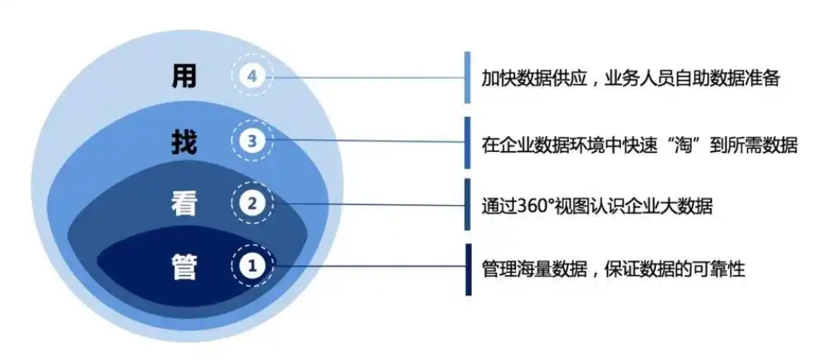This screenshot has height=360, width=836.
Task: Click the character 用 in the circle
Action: [185, 76]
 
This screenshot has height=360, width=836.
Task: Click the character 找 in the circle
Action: [185, 142]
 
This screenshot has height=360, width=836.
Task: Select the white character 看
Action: [185, 203]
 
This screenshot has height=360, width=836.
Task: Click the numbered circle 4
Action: [252, 76]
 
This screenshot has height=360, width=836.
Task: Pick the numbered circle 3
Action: [252, 141]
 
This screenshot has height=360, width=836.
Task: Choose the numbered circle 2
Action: [252, 202]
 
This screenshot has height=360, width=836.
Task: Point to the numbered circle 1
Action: [252, 265]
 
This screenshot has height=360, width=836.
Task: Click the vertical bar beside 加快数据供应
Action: [467, 78]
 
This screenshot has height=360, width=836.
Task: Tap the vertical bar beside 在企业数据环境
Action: [467, 142]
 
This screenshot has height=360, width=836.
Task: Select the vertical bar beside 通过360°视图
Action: [467, 204]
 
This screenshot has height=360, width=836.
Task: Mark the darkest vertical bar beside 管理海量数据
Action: [467, 270]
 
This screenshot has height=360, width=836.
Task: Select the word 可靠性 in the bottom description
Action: [718, 269]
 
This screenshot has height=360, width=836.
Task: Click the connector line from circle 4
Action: [369, 78]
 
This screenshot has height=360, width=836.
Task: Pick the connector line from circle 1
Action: [370, 266]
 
